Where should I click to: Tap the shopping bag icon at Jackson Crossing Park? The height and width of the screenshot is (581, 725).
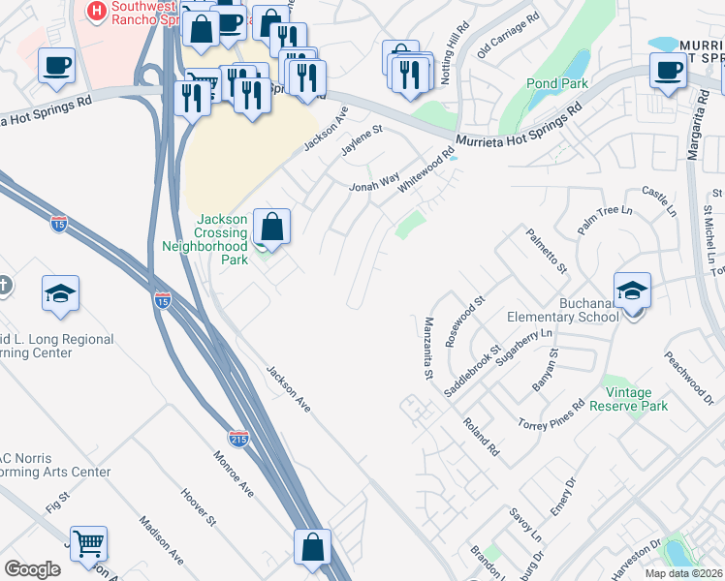click(x=273, y=228)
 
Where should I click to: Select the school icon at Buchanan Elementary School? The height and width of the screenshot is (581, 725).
click(x=632, y=290)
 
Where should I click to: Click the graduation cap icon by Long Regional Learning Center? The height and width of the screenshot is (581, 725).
click(x=60, y=294)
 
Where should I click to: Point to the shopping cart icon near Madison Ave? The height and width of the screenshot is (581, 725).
click(x=88, y=544)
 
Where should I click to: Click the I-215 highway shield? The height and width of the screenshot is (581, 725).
click(x=239, y=438)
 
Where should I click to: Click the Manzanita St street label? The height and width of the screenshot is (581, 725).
click(x=426, y=348)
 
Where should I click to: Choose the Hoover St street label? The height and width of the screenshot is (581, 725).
click(x=197, y=507)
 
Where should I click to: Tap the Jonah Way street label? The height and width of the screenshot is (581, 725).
click(x=374, y=182)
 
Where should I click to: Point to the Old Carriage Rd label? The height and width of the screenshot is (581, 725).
click(x=507, y=36)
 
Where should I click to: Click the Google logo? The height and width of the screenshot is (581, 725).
click(x=32, y=569)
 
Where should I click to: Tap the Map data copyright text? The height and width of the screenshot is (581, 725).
click(x=684, y=573)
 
